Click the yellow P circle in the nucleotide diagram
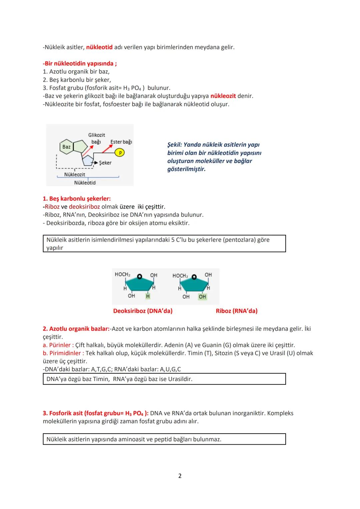119,153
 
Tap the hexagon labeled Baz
66,147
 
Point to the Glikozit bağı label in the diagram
96,138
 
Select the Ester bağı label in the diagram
121,142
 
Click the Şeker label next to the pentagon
105,163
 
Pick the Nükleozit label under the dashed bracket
74,174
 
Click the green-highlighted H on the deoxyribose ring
148,296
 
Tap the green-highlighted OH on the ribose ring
202,297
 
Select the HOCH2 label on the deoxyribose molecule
122,274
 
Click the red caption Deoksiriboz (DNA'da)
143,311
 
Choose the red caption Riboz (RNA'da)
236,311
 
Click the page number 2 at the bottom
180,476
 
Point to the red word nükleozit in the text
223,96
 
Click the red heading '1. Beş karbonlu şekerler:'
77,199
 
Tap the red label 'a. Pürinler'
58,345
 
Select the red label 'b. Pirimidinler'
63,353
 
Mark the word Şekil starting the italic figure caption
174,145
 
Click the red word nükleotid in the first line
99,47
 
